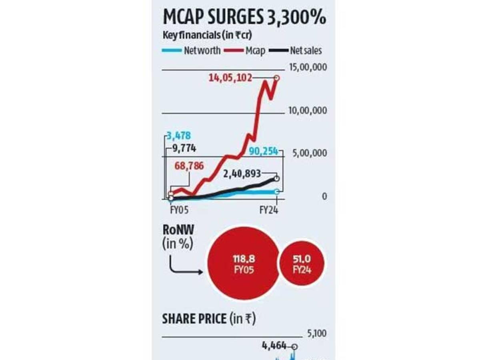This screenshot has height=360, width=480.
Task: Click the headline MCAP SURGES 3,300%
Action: click(x=244, y=18)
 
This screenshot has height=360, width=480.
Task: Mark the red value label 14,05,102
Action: click(x=230, y=78)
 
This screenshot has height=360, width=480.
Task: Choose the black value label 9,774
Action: click(x=184, y=148)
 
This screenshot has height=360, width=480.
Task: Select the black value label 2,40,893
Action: click(x=242, y=174)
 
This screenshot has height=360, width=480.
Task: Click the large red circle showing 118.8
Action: click(x=244, y=265)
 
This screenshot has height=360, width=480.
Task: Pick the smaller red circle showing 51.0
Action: click(x=302, y=265)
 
